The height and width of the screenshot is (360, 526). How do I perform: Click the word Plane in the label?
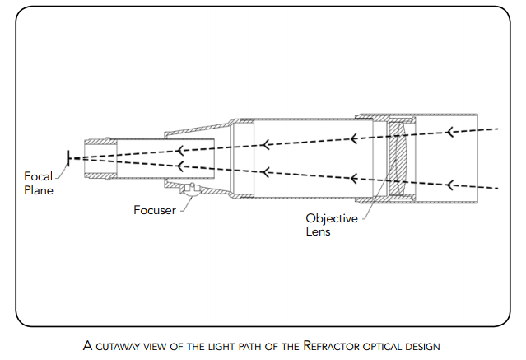[x=39, y=190]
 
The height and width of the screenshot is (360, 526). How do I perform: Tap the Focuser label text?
[x=155, y=209]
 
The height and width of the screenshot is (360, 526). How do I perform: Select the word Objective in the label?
[x=332, y=219]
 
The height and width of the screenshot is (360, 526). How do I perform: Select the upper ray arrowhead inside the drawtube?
[x=179, y=149]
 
